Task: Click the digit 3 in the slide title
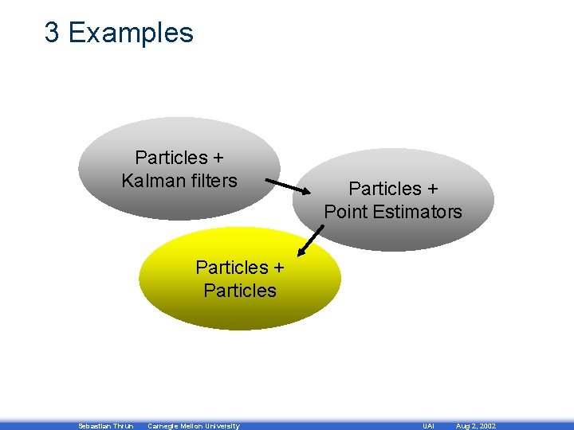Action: click(x=52, y=33)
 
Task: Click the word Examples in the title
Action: click(x=131, y=33)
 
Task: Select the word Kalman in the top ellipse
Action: click(x=151, y=181)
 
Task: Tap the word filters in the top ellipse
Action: click(x=210, y=181)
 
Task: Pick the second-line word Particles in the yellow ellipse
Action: click(x=240, y=291)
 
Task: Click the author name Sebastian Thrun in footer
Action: click(x=106, y=426)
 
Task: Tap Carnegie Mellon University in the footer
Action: click(x=194, y=426)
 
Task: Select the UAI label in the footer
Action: click(x=428, y=426)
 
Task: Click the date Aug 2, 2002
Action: click(x=475, y=426)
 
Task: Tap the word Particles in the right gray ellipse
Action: click(x=383, y=189)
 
